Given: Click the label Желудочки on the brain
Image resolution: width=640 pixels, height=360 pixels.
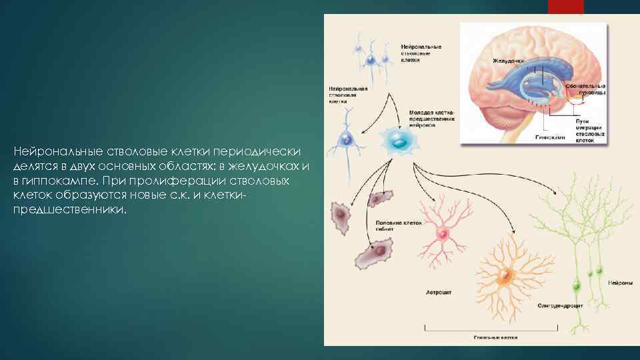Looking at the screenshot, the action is [x=508, y=60].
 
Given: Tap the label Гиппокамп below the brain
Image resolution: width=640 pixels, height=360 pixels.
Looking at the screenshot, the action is [x=549, y=137].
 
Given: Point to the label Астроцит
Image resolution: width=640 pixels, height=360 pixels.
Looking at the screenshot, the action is [x=439, y=292].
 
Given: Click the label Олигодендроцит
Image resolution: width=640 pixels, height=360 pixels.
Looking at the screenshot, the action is [x=561, y=306].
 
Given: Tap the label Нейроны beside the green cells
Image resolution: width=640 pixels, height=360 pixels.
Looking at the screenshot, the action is [x=621, y=283].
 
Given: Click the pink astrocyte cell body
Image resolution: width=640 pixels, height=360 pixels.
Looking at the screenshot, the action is [x=442, y=235].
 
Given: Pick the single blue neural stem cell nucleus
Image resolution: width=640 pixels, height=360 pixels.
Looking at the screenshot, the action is [x=345, y=139].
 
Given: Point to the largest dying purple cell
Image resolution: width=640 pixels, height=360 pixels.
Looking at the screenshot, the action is [x=374, y=253].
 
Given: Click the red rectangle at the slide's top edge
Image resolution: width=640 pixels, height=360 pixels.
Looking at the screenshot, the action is [x=565, y=7].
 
